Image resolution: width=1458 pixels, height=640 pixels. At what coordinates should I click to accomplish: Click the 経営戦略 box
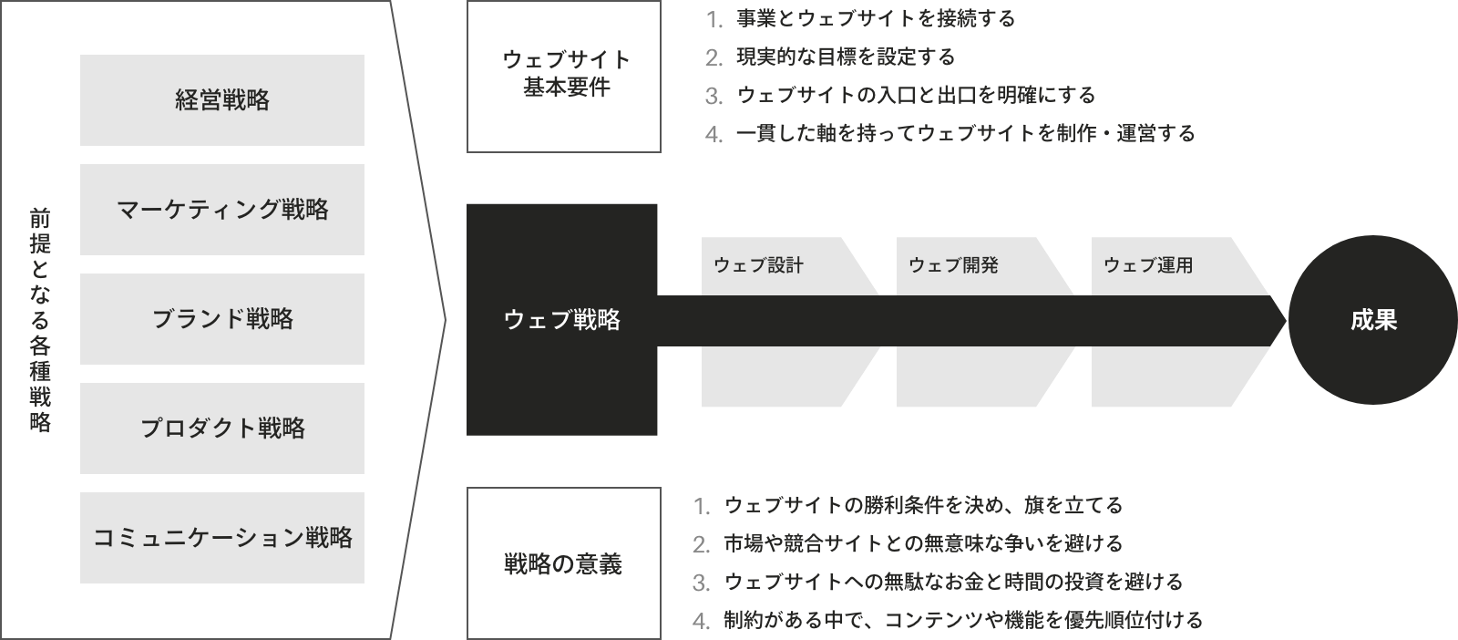[222, 100]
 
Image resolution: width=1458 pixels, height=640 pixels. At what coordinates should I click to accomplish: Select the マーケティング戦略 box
[222, 210]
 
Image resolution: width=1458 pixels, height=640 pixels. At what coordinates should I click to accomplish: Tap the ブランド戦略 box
[222, 319]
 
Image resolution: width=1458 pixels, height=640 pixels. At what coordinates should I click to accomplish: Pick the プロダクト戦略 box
[222, 428]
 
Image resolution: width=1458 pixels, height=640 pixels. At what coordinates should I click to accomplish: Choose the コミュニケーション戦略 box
[222, 538]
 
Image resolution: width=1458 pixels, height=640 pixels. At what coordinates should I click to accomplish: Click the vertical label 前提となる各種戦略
[40, 320]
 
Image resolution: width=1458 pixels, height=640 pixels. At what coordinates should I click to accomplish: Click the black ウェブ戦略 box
[561, 320]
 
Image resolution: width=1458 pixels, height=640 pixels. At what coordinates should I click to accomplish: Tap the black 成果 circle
[1372, 320]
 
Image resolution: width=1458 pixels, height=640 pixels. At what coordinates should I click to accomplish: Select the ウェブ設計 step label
[758, 265]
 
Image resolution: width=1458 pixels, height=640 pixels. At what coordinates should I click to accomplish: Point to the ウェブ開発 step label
[953, 265]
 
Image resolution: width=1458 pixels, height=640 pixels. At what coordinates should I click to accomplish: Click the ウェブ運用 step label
[1148, 265]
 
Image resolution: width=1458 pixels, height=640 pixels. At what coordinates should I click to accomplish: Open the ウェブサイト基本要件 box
[564, 77]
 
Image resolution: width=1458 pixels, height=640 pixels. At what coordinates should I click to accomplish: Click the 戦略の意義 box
[564, 563]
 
